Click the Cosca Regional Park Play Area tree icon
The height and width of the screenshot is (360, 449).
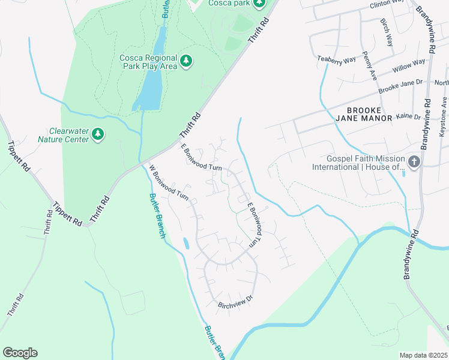tap(187, 60)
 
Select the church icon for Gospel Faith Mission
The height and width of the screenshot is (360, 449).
tap(414, 161)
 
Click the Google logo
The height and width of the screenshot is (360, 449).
tap(20, 352)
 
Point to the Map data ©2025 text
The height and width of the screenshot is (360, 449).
tap(424, 355)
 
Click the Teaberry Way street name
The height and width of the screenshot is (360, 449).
tap(337, 60)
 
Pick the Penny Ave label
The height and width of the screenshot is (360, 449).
tap(369, 66)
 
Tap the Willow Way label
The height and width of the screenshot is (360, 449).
tap(409, 63)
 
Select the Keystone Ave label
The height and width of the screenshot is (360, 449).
tap(444, 110)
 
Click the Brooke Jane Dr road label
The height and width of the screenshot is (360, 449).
tap(400, 86)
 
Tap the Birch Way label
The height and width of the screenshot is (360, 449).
tap(386, 32)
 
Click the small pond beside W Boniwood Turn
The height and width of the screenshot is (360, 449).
tap(185, 243)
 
